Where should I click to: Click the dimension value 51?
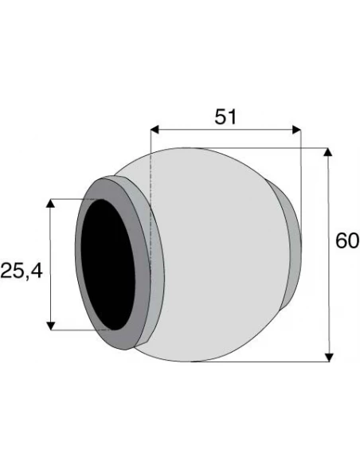coord(227,116)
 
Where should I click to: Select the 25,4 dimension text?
coord(22,272)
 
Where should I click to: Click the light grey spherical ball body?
coord(223,255)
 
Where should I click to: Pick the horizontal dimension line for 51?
coord(225,129)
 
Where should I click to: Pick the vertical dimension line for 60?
coord(328,255)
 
